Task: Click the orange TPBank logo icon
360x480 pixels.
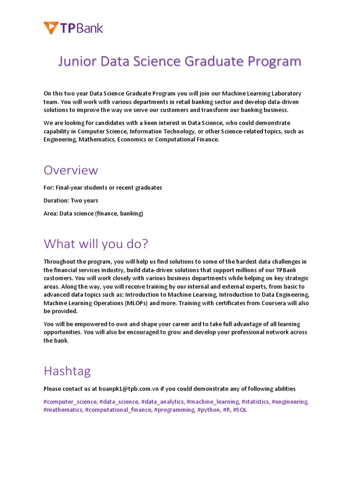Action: pyautogui.click(x=51, y=28)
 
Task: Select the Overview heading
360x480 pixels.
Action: pyautogui.click(x=71, y=170)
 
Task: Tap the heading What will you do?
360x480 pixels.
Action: pyautogui.click(x=96, y=244)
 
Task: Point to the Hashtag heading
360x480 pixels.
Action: pyautogui.click(x=67, y=371)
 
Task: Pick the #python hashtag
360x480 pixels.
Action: pyautogui.click(x=208, y=410)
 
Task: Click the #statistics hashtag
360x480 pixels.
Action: pyautogui.click(x=255, y=402)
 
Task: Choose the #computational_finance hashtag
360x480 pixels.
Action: pyautogui.click(x=118, y=410)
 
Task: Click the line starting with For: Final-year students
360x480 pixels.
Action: pyautogui.click(x=103, y=187)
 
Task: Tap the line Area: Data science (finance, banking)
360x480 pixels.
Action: pyautogui.click(x=93, y=214)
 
